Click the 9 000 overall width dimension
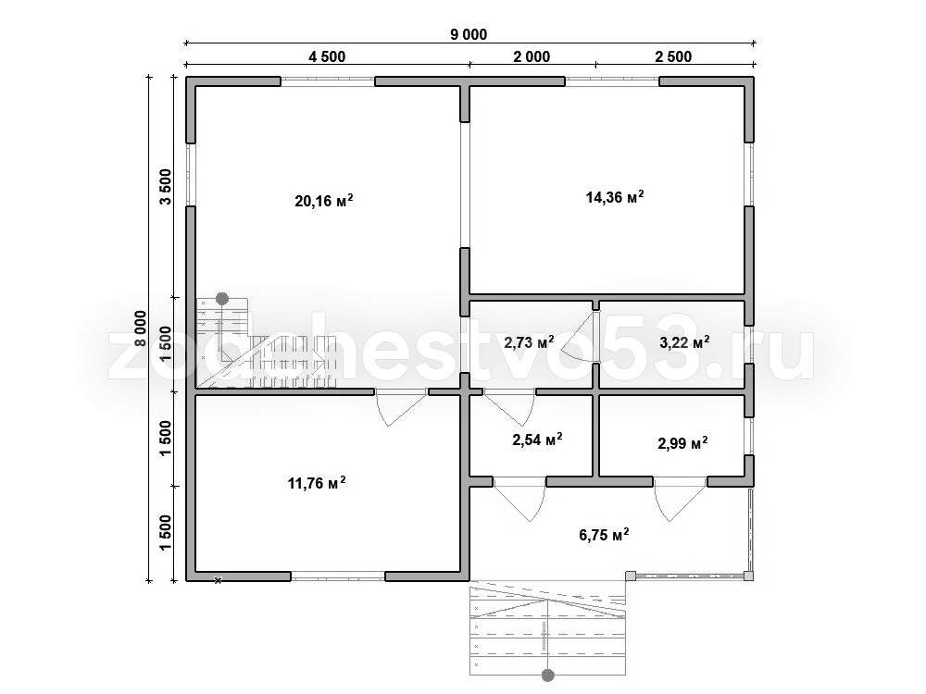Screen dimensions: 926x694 [x=469, y=35]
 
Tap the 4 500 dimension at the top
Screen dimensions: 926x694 [x=327, y=56]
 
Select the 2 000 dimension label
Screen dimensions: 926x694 [x=532, y=56]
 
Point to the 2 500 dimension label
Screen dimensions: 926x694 [x=673, y=56]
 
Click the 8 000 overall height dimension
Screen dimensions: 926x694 [x=140, y=330]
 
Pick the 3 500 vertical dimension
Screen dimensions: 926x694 [x=166, y=187]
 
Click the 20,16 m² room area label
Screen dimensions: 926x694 [x=324, y=201]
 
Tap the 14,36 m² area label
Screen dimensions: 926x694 [x=615, y=196]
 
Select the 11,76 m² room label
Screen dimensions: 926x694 [x=317, y=483]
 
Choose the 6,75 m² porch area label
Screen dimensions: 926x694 [x=604, y=535]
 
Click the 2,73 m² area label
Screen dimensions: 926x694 [x=529, y=341]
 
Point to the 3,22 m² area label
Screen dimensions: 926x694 [x=683, y=341]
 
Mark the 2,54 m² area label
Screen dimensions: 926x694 [x=537, y=439]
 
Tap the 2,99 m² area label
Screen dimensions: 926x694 [x=682, y=442]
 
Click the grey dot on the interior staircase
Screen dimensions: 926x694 [x=222, y=299]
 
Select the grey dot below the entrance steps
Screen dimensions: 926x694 [x=548, y=675]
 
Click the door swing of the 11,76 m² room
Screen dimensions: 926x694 [x=402, y=408]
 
